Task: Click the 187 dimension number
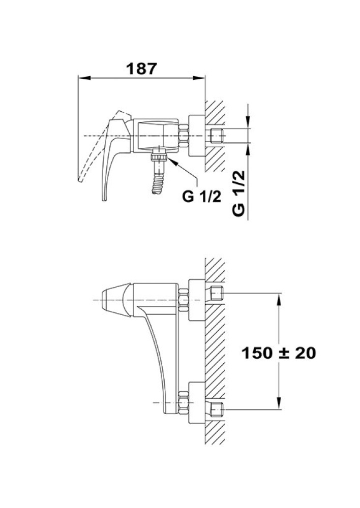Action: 142,69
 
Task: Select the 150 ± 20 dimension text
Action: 279,353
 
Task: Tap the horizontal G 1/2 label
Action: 201,196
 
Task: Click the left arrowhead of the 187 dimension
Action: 84,77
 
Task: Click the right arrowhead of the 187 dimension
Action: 199,77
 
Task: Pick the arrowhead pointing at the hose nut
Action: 172,161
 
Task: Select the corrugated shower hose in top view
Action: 158,182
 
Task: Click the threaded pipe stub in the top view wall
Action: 217,136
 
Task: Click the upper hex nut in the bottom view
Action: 184,300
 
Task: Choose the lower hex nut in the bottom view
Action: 184,403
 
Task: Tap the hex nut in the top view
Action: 184,136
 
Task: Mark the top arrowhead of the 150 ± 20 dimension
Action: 279,299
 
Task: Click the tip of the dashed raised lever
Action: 79,180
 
